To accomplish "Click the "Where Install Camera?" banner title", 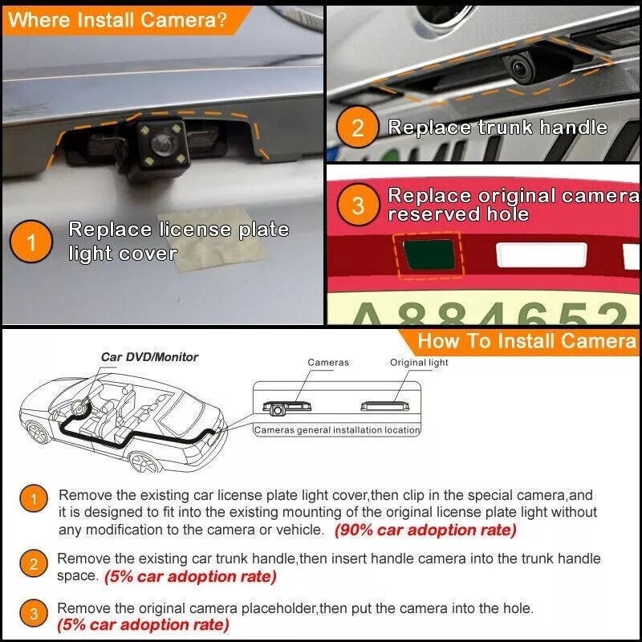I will [116, 20].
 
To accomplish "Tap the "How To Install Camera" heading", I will [526, 340].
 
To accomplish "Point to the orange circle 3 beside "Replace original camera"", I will [358, 205].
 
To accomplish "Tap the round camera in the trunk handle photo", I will [519, 72].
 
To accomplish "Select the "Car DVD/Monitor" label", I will [149, 356].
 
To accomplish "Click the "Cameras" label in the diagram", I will [328, 363].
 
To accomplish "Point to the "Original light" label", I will [419, 363].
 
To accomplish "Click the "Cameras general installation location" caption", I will [337, 430].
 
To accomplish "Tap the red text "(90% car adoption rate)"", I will [425, 530].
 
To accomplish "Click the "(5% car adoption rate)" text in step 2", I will [190, 576].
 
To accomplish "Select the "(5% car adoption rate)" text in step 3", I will [143, 624].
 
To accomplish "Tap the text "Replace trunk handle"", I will [498, 128].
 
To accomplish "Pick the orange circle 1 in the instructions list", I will [34, 501].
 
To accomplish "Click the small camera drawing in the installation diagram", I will [277, 409].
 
